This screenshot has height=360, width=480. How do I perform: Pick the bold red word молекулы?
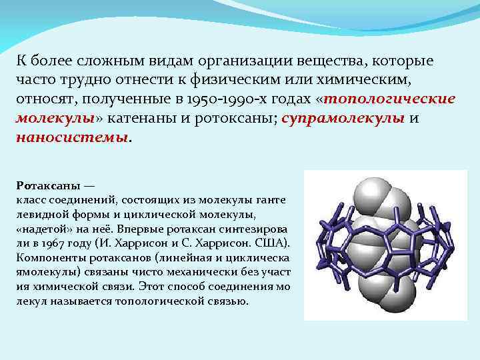[55, 119]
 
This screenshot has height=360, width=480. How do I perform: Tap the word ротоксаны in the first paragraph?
[235, 119]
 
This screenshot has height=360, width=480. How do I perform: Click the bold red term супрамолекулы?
[343, 119]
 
